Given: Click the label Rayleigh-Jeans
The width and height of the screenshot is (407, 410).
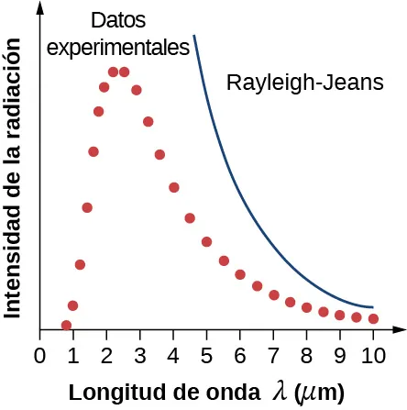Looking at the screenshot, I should coord(304,83).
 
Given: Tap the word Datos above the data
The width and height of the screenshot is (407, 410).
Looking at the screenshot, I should coord(119,20).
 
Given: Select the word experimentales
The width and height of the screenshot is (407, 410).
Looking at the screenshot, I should coord(118,46).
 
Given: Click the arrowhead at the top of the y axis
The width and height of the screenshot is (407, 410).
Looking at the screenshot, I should coord(41,7).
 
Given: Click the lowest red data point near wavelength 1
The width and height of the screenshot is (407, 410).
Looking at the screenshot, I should coord(66,325).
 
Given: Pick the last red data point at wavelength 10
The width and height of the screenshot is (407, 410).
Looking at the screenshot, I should coord(373,318).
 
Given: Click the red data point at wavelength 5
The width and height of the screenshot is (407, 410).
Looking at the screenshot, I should coord(207,241).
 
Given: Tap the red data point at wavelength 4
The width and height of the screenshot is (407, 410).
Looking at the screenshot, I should coord(174,187).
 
